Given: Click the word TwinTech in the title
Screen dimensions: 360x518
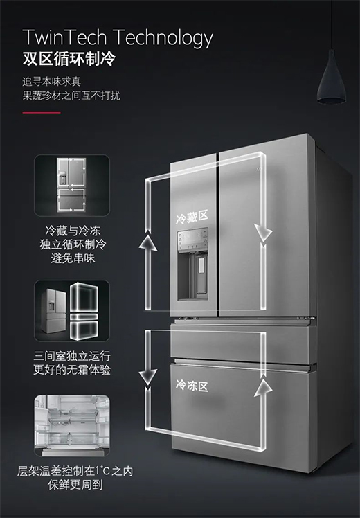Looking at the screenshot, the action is point(65,37).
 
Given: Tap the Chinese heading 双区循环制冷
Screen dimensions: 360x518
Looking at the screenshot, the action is point(69,59).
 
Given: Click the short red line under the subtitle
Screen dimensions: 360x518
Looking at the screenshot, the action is point(42,113).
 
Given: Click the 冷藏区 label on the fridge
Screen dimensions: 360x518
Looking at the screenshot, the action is point(192,216).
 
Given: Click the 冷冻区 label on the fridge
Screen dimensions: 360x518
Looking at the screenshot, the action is point(192,386).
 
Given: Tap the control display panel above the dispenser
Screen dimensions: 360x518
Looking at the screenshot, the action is point(192,239).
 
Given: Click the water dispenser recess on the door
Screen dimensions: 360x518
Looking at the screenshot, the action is point(193,276).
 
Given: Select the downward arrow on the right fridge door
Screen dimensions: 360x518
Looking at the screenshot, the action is point(263,232).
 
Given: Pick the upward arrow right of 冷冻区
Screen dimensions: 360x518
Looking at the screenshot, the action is point(263,387).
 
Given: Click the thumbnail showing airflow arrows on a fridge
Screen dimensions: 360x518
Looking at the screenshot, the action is point(72,186).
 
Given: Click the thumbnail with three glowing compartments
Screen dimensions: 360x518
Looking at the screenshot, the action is point(72,311).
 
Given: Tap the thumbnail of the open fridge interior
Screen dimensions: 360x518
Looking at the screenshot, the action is point(72,425).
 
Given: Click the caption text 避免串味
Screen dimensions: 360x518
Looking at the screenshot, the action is point(73,258).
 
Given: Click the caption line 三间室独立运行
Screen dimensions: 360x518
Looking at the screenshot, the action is point(72,356).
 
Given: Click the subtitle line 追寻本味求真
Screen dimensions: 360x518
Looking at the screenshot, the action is point(51,82).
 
